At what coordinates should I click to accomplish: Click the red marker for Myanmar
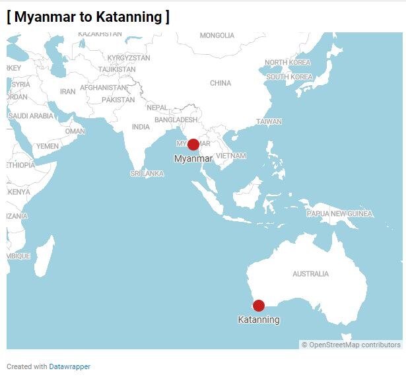(x=193, y=145)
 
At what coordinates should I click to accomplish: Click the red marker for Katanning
(x=258, y=305)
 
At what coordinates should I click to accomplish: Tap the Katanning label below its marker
(x=258, y=320)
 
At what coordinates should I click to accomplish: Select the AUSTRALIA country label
(x=310, y=273)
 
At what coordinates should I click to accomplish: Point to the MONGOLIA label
(x=217, y=36)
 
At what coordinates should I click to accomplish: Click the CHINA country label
(x=220, y=83)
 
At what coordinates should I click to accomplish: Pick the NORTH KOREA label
(x=287, y=63)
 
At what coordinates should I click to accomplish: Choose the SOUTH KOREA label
(x=289, y=77)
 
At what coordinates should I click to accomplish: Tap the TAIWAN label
(x=269, y=121)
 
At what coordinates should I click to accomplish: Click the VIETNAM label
(x=230, y=156)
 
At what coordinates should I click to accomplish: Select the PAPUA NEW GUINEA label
(x=339, y=214)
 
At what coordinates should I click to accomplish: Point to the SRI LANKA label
(x=147, y=174)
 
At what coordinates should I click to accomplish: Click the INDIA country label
(x=141, y=127)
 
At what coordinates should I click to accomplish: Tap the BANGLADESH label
(x=176, y=120)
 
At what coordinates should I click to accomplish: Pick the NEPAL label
(x=157, y=108)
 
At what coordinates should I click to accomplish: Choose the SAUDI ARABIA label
(x=31, y=116)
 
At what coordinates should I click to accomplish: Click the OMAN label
(x=75, y=131)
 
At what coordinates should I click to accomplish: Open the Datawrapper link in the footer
(x=69, y=366)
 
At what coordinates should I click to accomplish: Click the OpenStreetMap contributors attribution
(x=354, y=345)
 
